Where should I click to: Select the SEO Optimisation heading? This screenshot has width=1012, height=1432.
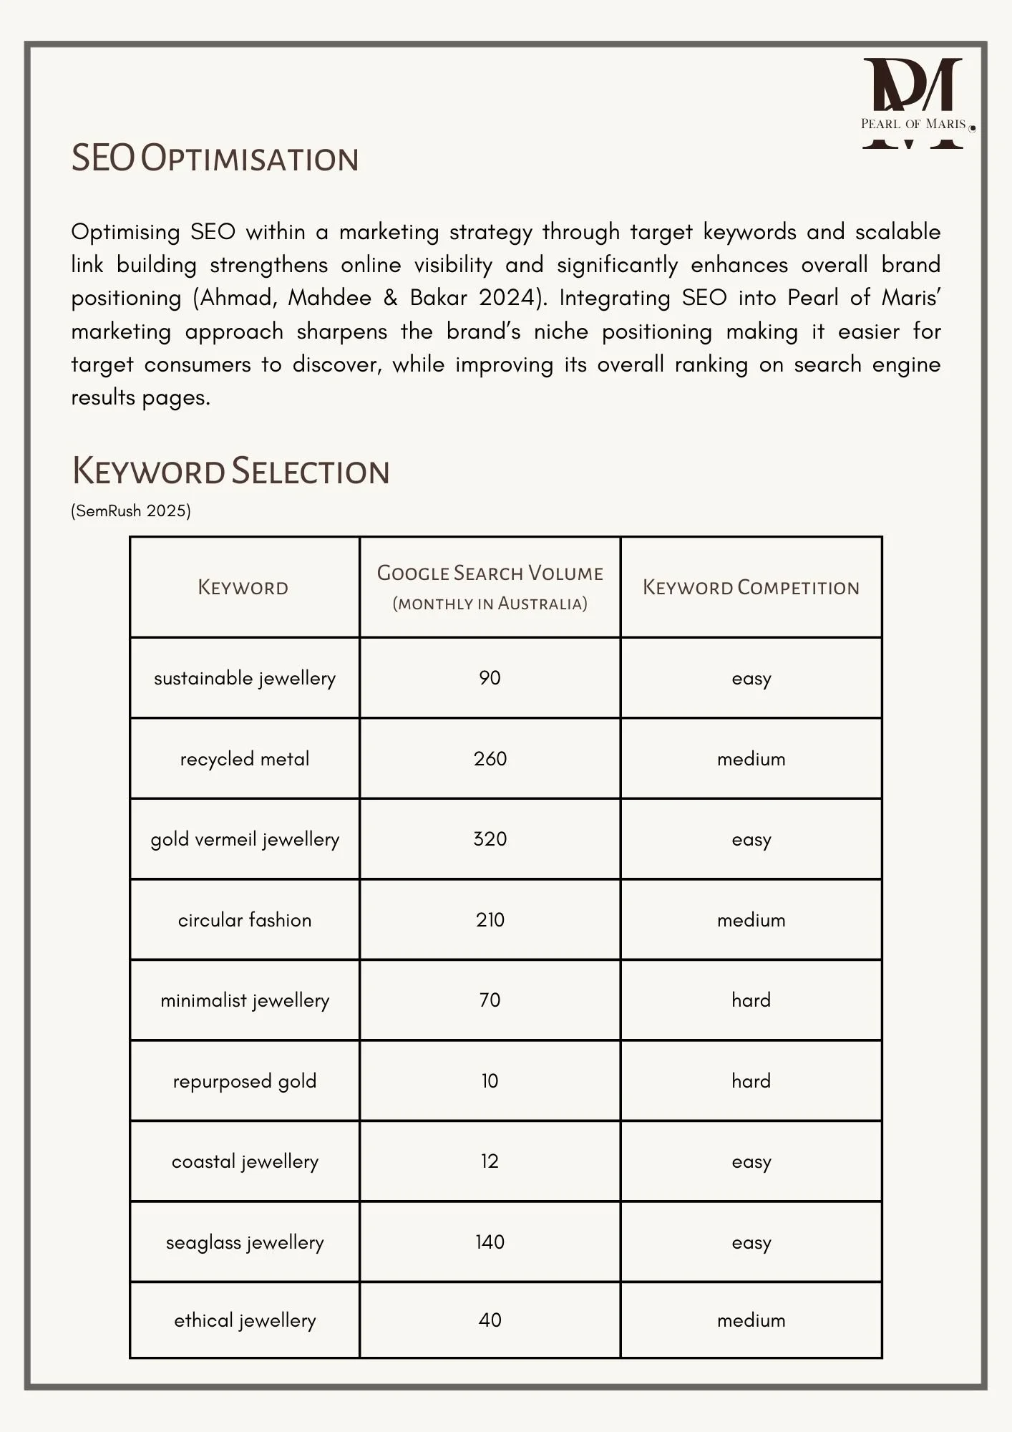[215, 158]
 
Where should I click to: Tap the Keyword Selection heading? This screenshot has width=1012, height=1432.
[230, 472]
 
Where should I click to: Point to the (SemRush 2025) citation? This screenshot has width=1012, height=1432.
[131, 511]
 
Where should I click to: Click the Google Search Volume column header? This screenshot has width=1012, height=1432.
[490, 587]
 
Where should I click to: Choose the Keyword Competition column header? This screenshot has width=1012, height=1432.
[751, 588]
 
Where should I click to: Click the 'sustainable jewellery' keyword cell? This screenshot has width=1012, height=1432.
[245, 678]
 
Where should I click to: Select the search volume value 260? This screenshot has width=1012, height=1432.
[490, 759]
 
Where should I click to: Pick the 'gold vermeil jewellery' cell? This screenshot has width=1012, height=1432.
[245, 839]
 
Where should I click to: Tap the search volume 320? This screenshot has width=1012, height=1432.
[490, 839]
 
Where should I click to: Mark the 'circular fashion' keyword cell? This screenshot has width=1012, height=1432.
[245, 920]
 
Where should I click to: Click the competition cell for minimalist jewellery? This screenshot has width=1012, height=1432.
[751, 1000]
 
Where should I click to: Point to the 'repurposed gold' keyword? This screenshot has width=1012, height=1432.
[245, 1081]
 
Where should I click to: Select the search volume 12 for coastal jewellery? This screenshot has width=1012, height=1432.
[490, 1161]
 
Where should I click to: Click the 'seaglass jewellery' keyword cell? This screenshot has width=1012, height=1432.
[245, 1242]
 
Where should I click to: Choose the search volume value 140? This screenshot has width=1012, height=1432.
[490, 1242]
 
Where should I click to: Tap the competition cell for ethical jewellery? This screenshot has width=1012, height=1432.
[751, 1320]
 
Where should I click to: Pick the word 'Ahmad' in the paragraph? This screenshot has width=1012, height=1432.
[237, 298]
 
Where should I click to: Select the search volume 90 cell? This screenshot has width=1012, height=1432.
[490, 678]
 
